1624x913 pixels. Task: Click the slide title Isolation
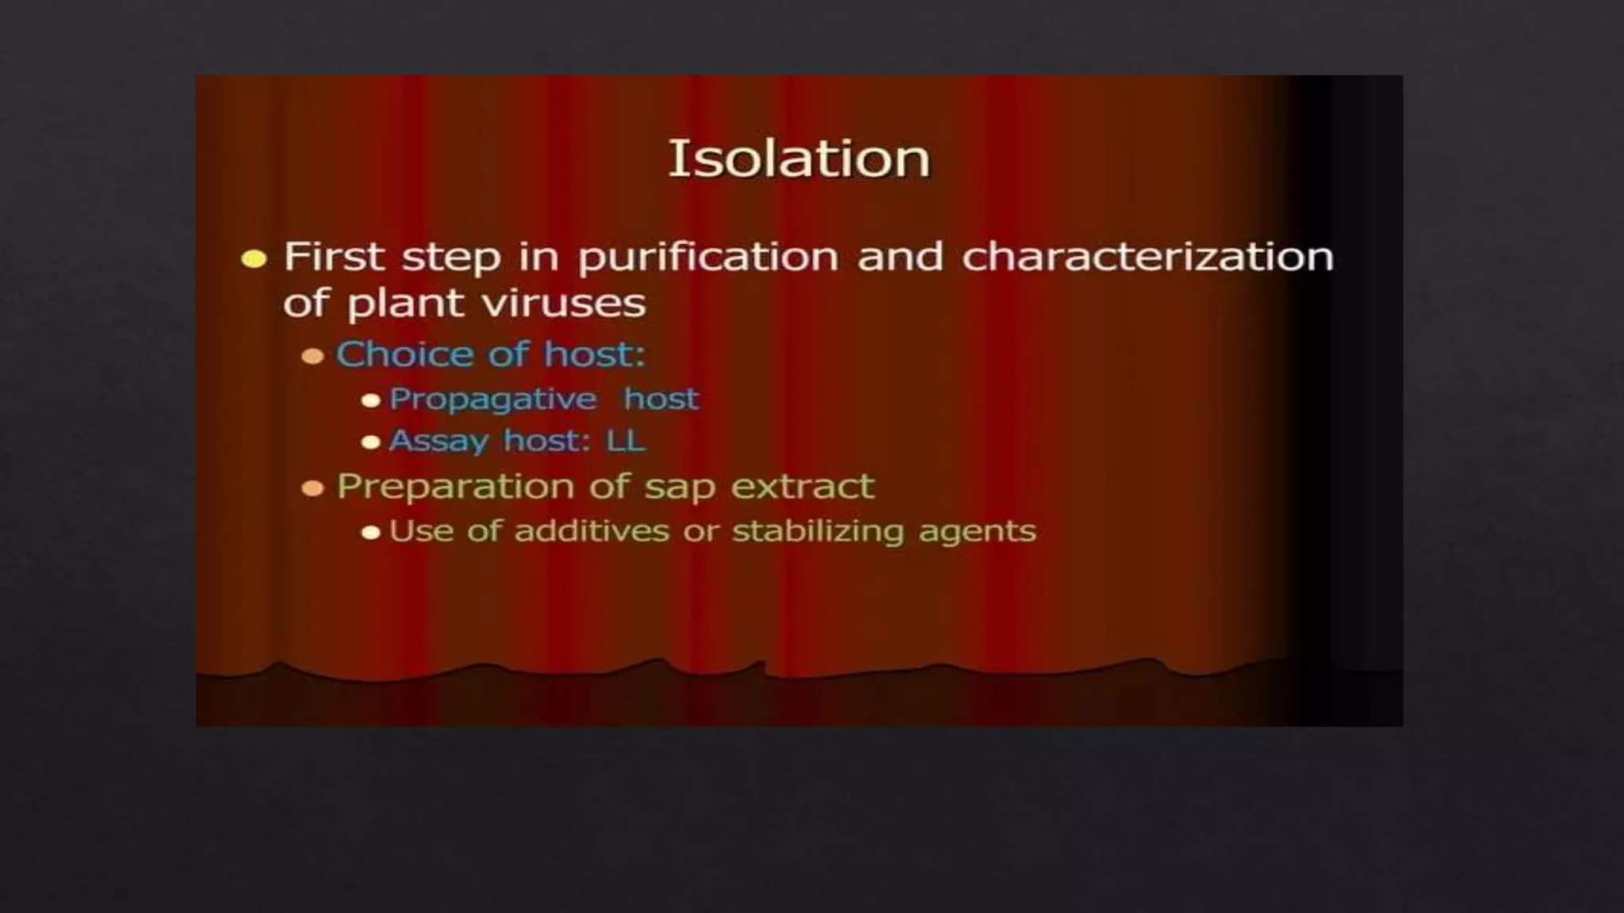799,159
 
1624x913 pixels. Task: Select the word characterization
1147,257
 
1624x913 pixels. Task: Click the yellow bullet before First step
254,259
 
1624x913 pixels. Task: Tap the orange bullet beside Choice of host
313,356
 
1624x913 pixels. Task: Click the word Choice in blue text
405,353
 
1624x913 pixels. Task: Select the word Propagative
492,399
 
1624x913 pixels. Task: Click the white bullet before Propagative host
370,400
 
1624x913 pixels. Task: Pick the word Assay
438,441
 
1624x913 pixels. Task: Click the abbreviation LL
626,441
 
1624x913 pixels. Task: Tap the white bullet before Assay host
370,442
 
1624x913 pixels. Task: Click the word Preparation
455,487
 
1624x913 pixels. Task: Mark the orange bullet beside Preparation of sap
313,488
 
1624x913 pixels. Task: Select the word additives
592,531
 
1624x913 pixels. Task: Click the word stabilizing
818,532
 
